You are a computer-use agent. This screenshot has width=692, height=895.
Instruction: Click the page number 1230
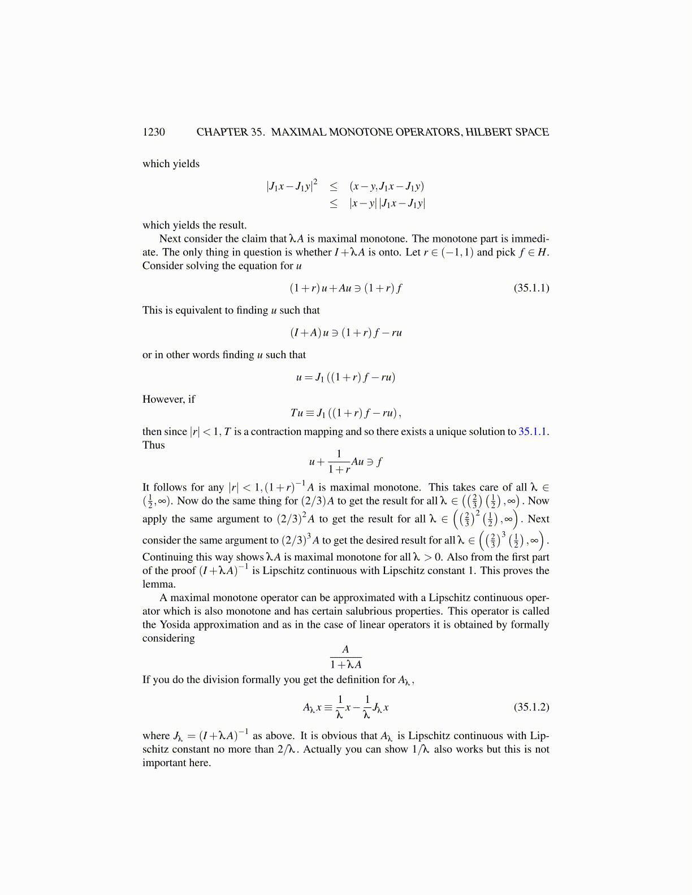click(154, 132)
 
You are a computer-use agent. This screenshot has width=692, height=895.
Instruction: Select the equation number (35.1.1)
click(531, 288)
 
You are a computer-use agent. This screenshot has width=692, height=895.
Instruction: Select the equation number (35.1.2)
click(531, 707)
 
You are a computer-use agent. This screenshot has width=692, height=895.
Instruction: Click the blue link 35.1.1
click(532, 432)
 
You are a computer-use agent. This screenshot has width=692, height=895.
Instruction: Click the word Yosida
click(175, 625)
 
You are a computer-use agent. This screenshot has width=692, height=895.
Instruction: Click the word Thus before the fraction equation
click(154, 445)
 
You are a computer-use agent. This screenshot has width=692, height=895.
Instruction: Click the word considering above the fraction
click(168, 638)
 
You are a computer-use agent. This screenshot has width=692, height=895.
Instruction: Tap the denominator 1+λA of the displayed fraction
click(346, 665)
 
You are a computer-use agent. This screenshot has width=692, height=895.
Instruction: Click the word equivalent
click(204, 310)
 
